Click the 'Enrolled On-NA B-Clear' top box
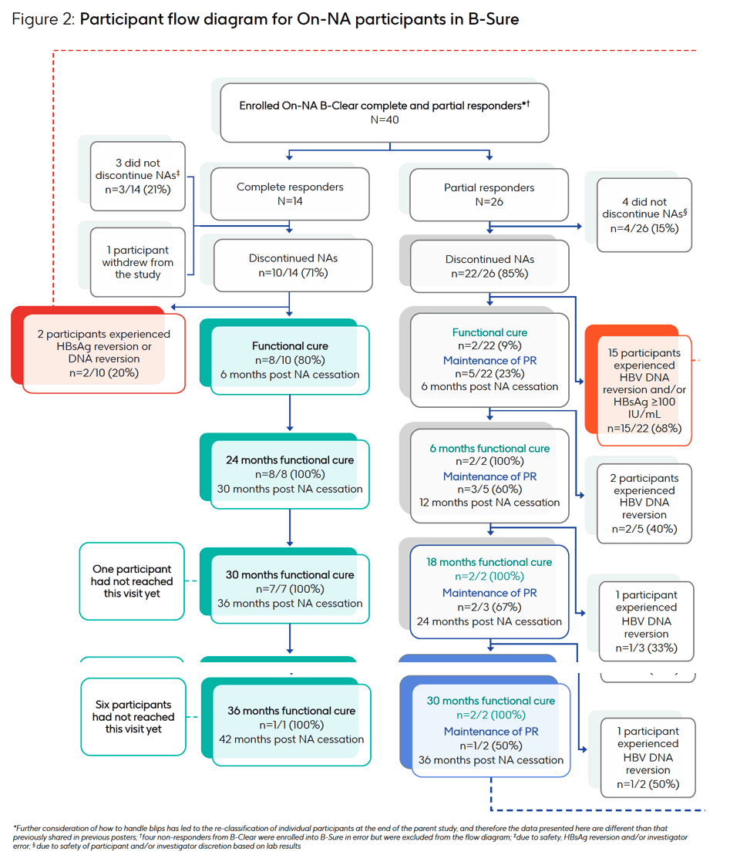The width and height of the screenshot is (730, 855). click(x=385, y=113)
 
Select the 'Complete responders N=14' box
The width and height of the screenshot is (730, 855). click(x=290, y=194)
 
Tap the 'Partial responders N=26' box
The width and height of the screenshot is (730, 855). click(x=489, y=194)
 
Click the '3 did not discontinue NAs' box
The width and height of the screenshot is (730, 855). click(x=138, y=176)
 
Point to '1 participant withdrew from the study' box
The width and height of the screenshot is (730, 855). click(x=138, y=262)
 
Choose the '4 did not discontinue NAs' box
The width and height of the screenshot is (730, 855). click(x=644, y=215)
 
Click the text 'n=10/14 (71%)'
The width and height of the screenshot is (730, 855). click(x=293, y=273)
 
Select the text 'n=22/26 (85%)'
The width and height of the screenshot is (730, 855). click(x=489, y=274)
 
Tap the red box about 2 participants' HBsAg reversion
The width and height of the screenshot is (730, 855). click(x=103, y=353)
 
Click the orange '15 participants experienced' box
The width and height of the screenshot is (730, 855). click(x=644, y=390)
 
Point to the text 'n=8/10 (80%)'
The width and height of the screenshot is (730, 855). click(x=290, y=361)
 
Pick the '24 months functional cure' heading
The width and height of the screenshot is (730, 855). click(x=290, y=460)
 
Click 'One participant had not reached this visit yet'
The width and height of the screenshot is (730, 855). click(x=132, y=581)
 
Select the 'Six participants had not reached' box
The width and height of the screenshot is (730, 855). click(x=133, y=716)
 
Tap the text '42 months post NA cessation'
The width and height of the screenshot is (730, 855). click(x=291, y=739)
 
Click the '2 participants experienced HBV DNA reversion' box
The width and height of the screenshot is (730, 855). click(x=644, y=503)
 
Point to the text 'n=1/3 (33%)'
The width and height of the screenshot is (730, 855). click(x=647, y=648)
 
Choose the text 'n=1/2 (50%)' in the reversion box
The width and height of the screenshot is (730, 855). click(x=648, y=784)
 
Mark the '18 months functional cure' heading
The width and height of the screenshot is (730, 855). click(x=489, y=562)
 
